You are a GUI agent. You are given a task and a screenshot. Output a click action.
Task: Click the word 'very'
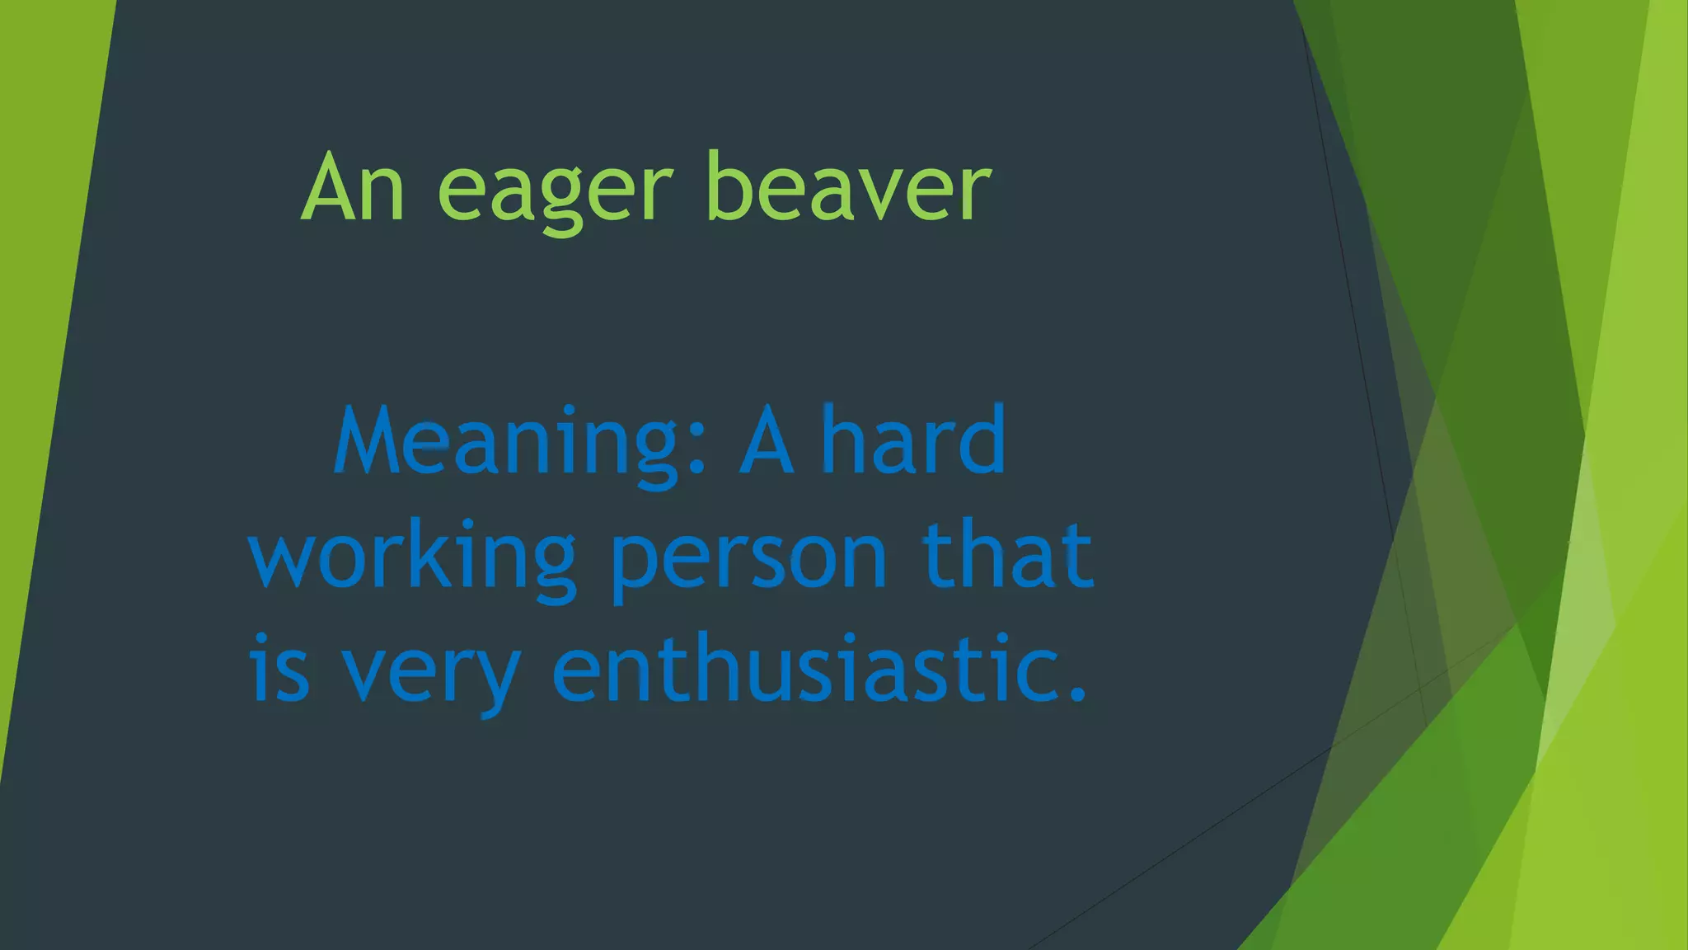pos(431,672)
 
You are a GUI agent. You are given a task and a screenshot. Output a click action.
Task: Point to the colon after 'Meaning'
pos(696,454)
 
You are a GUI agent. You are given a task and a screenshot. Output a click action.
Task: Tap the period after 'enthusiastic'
pos(1076,693)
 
